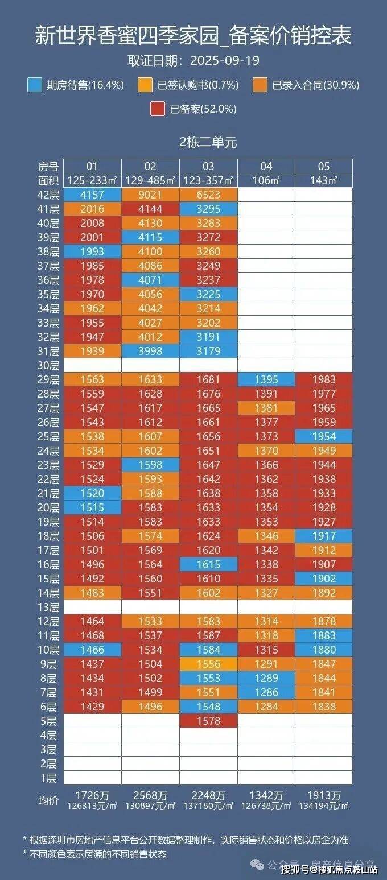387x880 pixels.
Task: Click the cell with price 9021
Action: pyautogui.click(x=150, y=195)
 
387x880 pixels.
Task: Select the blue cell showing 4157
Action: pyautogui.click(x=92, y=195)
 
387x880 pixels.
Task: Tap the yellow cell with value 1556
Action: pyautogui.click(x=208, y=664)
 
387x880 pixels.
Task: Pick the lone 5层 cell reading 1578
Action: pyautogui.click(x=208, y=721)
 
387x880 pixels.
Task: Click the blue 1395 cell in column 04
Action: pyautogui.click(x=266, y=379)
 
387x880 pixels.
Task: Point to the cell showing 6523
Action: pyautogui.click(x=208, y=195)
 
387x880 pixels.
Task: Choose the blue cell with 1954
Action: pyautogui.click(x=324, y=436)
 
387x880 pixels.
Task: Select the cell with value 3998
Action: pyautogui.click(x=150, y=351)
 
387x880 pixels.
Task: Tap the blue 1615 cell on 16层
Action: pyautogui.click(x=208, y=564)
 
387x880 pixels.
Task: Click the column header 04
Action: pyautogui.click(x=266, y=166)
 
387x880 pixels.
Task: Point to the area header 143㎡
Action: pyautogui.click(x=324, y=180)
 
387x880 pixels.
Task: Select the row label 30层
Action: pyautogui.click(x=48, y=365)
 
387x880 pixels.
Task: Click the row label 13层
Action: pyautogui.click(x=48, y=608)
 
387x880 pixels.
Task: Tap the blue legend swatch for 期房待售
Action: pyautogui.click(x=35, y=85)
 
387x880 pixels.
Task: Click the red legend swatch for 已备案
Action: pyautogui.click(x=158, y=109)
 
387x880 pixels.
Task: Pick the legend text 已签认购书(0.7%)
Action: pyautogui.click(x=198, y=85)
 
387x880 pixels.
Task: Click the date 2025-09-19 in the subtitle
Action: pyautogui.click(x=225, y=60)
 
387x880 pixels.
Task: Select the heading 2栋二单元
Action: pyautogui.click(x=208, y=142)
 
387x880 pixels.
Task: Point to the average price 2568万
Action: pyautogui.click(x=150, y=796)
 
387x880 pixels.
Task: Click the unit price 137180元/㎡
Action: pyautogui.click(x=208, y=806)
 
